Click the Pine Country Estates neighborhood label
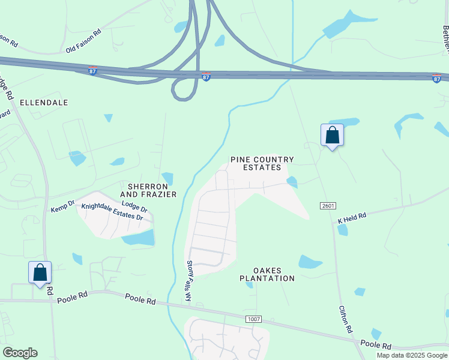[x=262, y=164]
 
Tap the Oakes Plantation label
[x=267, y=274]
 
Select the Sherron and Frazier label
[x=148, y=190]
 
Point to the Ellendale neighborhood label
[x=44, y=103]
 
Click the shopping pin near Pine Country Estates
[x=332, y=136]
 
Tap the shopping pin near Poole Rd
[x=40, y=272]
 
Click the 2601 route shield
[x=328, y=206]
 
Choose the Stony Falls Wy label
[x=188, y=281]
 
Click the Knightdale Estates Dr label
[x=114, y=211]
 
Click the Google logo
[x=20, y=353]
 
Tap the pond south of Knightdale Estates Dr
[x=139, y=238]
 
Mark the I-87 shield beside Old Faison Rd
[x=92, y=70]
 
